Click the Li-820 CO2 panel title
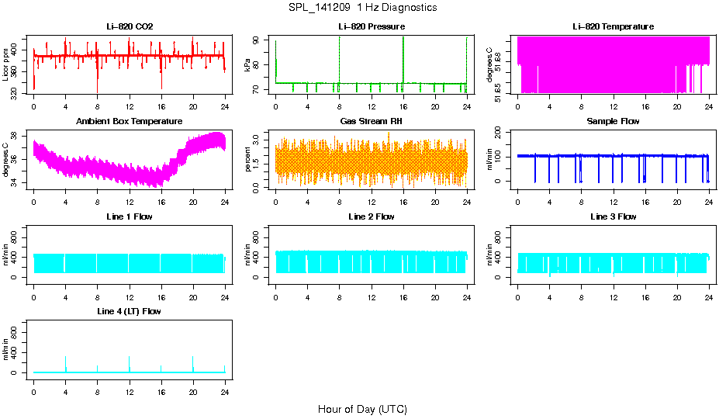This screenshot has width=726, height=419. pos(130,27)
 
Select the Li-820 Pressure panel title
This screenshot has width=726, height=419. pos(372,27)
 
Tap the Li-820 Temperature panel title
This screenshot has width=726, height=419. pos(613,27)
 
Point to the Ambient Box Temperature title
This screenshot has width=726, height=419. pos(130,122)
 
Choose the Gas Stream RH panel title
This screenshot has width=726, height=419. pos(372,122)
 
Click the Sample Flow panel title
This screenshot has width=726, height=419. pos(613,122)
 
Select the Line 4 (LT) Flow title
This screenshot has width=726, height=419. pos(130,311)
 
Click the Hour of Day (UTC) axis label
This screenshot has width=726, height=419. pos(362,409)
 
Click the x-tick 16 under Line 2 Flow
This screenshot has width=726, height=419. pos(403,286)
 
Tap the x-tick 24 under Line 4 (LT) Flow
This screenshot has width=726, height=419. pos(225,381)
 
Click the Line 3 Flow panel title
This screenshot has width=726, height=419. pos(613,216)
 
